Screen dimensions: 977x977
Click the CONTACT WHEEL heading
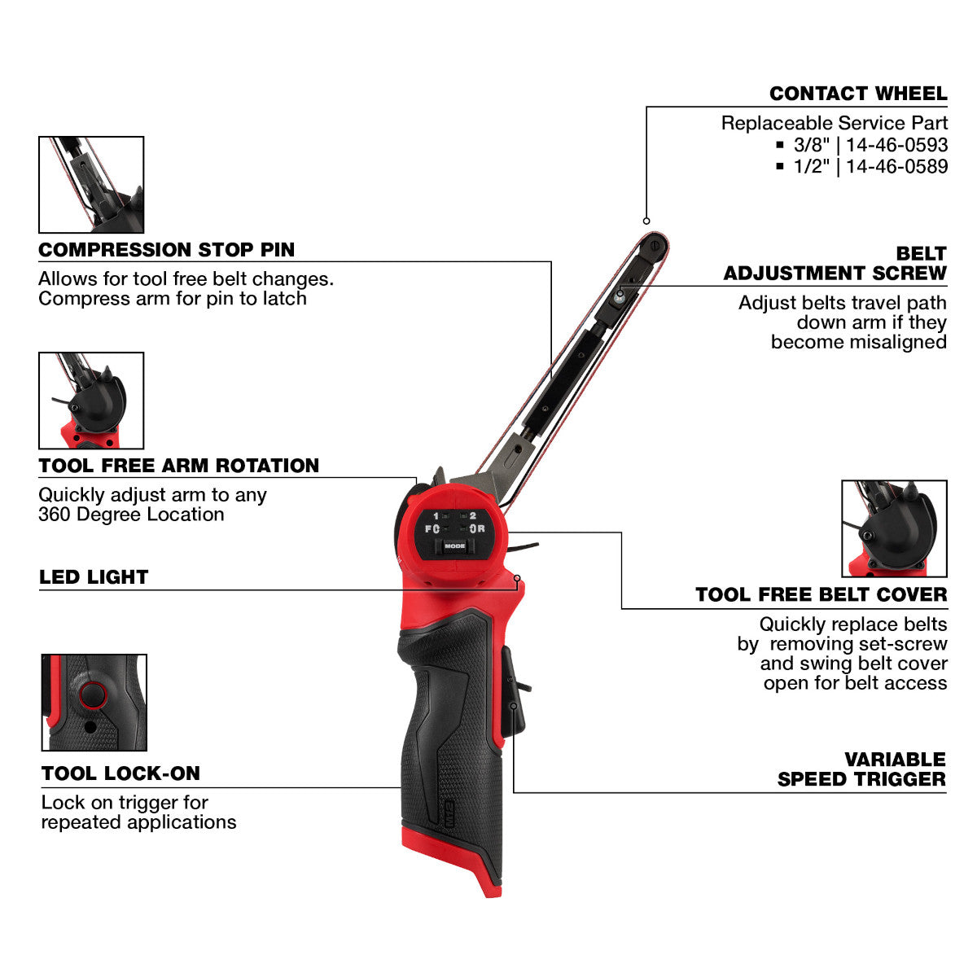pos(858,94)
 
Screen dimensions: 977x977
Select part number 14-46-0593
pos(896,145)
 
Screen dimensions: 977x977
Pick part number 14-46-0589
pos(896,166)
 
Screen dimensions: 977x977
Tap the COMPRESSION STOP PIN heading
pos(167,250)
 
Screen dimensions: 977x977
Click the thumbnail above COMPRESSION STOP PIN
pos(91,185)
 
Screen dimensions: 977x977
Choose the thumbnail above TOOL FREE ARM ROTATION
pos(91,401)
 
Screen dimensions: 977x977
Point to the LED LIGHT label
pos(94,577)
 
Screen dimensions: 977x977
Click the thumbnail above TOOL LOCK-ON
pos(94,702)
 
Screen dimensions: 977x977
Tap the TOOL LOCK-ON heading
pos(120,773)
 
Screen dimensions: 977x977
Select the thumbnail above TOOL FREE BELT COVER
pos(894,528)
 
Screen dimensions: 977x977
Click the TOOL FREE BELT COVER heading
pos(821,595)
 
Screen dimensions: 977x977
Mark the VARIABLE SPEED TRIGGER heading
pos(861,769)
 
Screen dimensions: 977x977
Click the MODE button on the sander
pos(455,545)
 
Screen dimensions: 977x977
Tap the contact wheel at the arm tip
pos(655,244)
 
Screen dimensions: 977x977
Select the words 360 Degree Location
pos(131,515)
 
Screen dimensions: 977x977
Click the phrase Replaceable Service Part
pos(835,124)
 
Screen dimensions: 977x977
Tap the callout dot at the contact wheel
pos(646,221)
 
